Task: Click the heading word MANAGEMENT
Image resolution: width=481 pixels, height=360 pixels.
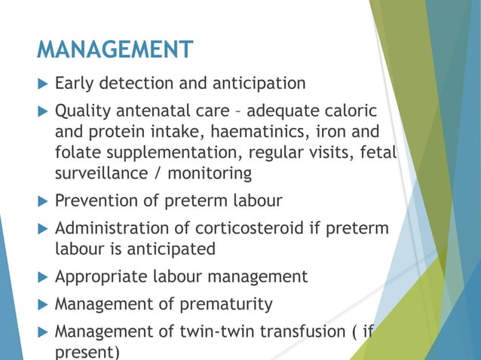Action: [115, 51]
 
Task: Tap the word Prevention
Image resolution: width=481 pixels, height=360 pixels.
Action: [97, 201]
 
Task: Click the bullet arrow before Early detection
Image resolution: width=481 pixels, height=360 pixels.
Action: [42, 83]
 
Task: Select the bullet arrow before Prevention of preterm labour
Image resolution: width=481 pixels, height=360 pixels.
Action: [42, 201]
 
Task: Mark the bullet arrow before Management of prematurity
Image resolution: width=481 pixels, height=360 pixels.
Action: [42, 304]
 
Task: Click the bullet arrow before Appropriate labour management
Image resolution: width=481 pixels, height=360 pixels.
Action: [42, 276]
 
